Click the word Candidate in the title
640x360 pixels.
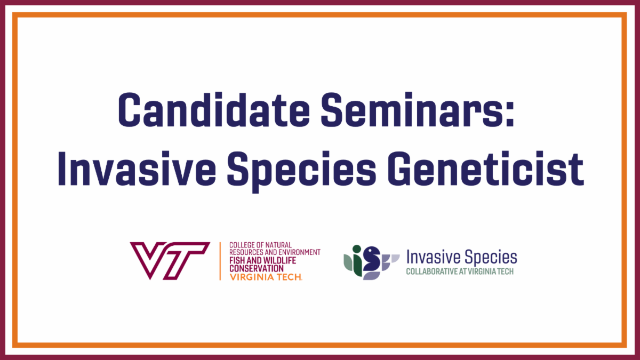point(214,110)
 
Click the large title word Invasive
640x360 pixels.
point(137,169)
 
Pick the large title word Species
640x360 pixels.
point(301,171)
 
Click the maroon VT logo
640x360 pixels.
point(170,261)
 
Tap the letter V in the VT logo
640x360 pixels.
point(148,261)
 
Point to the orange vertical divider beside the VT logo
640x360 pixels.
point(220,261)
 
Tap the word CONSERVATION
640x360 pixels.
point(257,269)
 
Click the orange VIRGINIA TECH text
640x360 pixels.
point(266,277)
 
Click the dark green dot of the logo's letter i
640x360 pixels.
point(357,249)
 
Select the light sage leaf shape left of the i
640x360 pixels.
point(348,262)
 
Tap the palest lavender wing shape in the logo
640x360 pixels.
point(395,258)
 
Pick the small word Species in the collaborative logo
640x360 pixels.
point(491,258)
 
